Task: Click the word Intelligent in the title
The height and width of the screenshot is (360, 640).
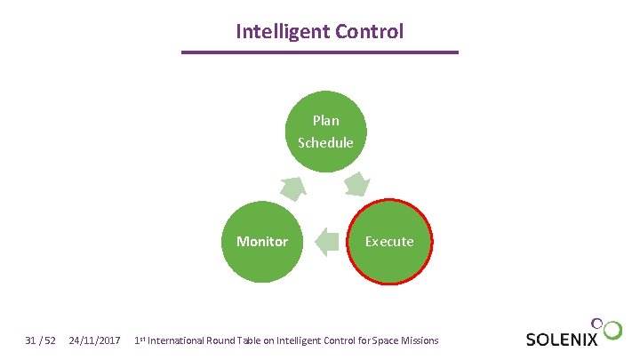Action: coord(282,32)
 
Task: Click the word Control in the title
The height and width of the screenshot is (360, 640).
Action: coord(369,32)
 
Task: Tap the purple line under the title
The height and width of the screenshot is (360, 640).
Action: coord(320,52)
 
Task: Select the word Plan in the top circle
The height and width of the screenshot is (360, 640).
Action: coord(325,120)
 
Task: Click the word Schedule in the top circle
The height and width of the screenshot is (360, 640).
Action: coord(325,142)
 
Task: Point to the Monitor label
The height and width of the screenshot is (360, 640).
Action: coord(262,241)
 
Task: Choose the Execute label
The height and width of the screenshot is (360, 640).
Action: coord(389,241)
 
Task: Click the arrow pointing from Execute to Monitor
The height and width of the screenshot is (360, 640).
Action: coord(328,242)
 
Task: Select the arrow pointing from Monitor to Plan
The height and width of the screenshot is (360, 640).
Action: coord(293,187)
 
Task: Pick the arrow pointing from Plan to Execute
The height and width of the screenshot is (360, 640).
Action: coord(357,185)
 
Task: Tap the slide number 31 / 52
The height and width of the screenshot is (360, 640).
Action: coord(41,340)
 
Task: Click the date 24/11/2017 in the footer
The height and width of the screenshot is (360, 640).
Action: coord(94,340)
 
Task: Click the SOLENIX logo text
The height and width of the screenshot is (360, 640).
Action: coord(562,340)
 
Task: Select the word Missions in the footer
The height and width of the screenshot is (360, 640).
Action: coord(417,340)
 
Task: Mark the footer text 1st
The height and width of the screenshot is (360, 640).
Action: coord(140,340)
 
